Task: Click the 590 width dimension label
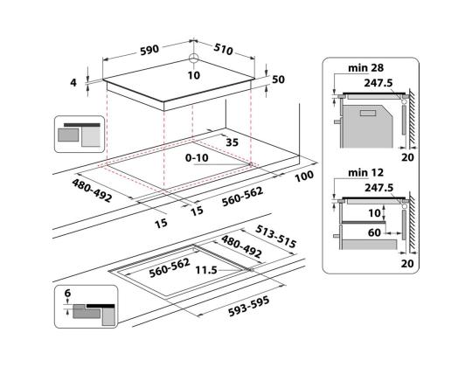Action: click(149, 50)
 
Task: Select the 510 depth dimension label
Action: click(224, 49)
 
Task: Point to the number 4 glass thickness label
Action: click(73, 82)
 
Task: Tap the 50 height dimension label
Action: click(279, 80)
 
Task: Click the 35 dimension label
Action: click(233, 142)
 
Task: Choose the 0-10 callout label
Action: click(197, 157)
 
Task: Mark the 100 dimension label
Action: click(304, 177)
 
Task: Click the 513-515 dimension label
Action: click(276, 237)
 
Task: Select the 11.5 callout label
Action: click(206, 270)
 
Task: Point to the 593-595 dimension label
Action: click(248, 307)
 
